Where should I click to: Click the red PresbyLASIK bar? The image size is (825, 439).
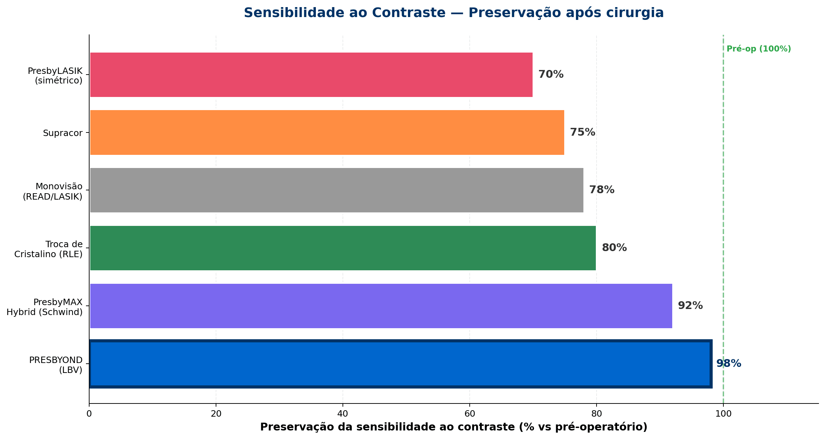coord(311,75)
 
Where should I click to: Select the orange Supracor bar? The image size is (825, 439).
coord(327,132)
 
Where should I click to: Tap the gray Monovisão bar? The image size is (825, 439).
coord(336,190)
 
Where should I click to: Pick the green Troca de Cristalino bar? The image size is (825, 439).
coord(343,248)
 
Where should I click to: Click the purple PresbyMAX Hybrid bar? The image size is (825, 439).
coord(381,306)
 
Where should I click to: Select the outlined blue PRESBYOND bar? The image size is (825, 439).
coord(400,364)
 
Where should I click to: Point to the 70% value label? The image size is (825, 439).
coord(551,75)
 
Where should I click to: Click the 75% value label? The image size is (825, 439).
coord(582,132)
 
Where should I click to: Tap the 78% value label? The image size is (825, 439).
coord(602,190)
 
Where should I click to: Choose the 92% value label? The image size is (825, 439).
coord(690,306)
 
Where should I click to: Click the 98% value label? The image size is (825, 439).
coord(728,364)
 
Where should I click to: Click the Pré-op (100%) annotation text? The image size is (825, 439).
coord(759,49)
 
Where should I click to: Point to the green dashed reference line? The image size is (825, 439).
coord(723,213)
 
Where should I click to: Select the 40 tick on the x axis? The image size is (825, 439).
coord(343,413)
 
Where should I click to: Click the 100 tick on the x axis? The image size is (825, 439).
coord(723,413)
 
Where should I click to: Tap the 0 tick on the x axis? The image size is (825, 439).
coord(89,413)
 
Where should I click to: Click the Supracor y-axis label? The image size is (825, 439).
coord(63,133)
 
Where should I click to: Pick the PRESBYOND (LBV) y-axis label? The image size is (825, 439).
coord(56,365)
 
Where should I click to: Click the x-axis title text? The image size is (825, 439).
coord(454,427)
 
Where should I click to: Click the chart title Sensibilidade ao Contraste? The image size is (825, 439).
coord(454,13)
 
